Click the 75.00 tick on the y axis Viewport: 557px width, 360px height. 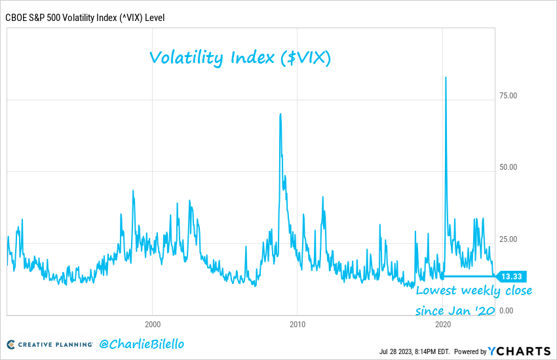[509, 95]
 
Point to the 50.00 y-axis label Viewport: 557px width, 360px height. [509, 167]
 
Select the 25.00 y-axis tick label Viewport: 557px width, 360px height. [509, 239]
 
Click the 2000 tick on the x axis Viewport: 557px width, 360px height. [152, 324]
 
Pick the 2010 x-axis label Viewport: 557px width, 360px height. [298, 324]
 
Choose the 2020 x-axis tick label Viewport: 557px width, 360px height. [442, 324]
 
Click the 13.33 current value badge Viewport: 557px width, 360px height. [511, 275]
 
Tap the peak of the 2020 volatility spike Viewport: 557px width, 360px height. [446, 77]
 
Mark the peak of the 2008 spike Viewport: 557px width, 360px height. [280, 114]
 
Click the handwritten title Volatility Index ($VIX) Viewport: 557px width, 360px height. [240, 58]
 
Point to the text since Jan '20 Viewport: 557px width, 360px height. [453, 309]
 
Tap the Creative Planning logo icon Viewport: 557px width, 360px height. [11, 344]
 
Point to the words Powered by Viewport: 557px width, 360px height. [470, 351]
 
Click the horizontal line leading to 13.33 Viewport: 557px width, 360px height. [469, 276]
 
